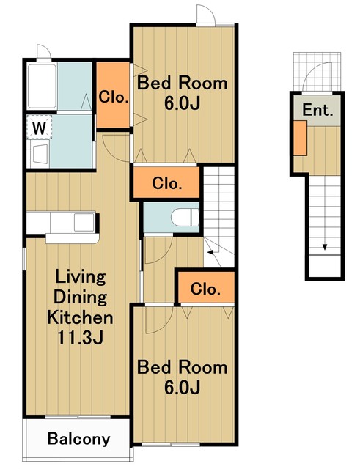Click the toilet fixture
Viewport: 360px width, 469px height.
[185, 217]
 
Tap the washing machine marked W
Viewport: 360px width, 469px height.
[39, 128]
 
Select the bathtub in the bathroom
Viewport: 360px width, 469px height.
[42, 86]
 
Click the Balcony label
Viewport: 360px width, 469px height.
[78, 439]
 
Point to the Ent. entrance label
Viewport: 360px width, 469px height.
[317, 110]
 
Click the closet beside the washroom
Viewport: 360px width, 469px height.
[114, 95]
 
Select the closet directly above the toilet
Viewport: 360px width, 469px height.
[166, 182]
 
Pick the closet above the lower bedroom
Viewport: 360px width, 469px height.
[206, 287]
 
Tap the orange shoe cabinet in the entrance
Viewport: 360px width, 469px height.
[300, 138]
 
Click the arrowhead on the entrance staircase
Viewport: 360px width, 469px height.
[324, 247]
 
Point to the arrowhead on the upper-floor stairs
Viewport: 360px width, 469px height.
[210, 252]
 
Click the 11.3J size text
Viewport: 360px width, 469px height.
[80, 337]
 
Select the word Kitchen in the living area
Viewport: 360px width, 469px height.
[80, 317]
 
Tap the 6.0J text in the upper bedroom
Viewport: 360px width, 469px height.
[182, 103]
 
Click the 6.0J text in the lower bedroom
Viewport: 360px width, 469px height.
[182, 388]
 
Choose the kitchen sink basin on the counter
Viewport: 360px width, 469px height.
[84, 222]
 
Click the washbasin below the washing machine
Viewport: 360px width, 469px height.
[40, 154]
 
